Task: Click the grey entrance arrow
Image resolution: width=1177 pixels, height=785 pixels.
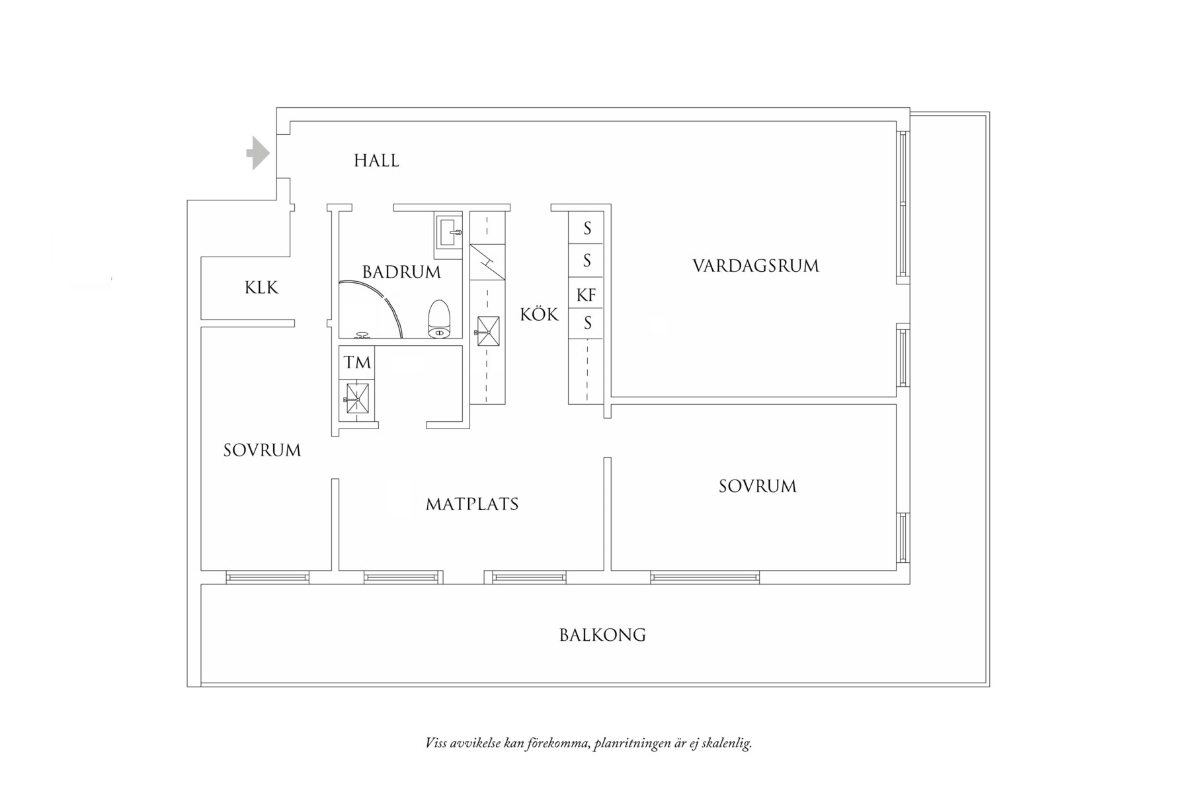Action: pyautogui.click(x=259, y=153)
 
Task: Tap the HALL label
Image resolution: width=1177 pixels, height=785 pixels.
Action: pyautogui.click(x=376, y=161)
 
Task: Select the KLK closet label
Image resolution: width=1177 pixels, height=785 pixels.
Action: pyautogui.click(x=261, y=288)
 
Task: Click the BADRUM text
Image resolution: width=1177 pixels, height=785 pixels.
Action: pyautogui.click(x=401, y=272)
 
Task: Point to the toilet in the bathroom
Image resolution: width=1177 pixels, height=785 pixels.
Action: pyautogui.click(x=439, y=319)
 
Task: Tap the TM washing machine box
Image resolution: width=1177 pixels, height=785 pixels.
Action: pyautogui.click(x=357, y=362)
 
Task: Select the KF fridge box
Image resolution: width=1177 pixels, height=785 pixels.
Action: pyautogui.click(x=587, y=295)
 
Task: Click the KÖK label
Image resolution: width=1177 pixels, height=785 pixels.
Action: pyautogui.click(x=539, y=315)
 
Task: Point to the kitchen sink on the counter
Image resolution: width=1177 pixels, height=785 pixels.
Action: pyautogui.click(x=488, y=331)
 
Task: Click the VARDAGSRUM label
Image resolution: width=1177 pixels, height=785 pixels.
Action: pyautogui.click(x=755, y=266)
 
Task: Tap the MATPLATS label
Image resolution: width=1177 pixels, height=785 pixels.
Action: pyautogui.click(x=472, y=505)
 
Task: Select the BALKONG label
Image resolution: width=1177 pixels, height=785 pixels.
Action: pyautogui.click(x=602, y=635)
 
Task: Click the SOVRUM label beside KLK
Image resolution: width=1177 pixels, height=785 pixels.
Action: pyautogui.click(x=262, y=450)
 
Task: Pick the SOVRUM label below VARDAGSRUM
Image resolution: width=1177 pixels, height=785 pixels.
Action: pyautogui.click(x=757, y=486)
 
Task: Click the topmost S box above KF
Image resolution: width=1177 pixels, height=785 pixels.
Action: pyautogui.click(x=587, y=229)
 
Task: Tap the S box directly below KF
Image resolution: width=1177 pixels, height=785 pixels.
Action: pyautogui.click(x=587, y=324)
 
